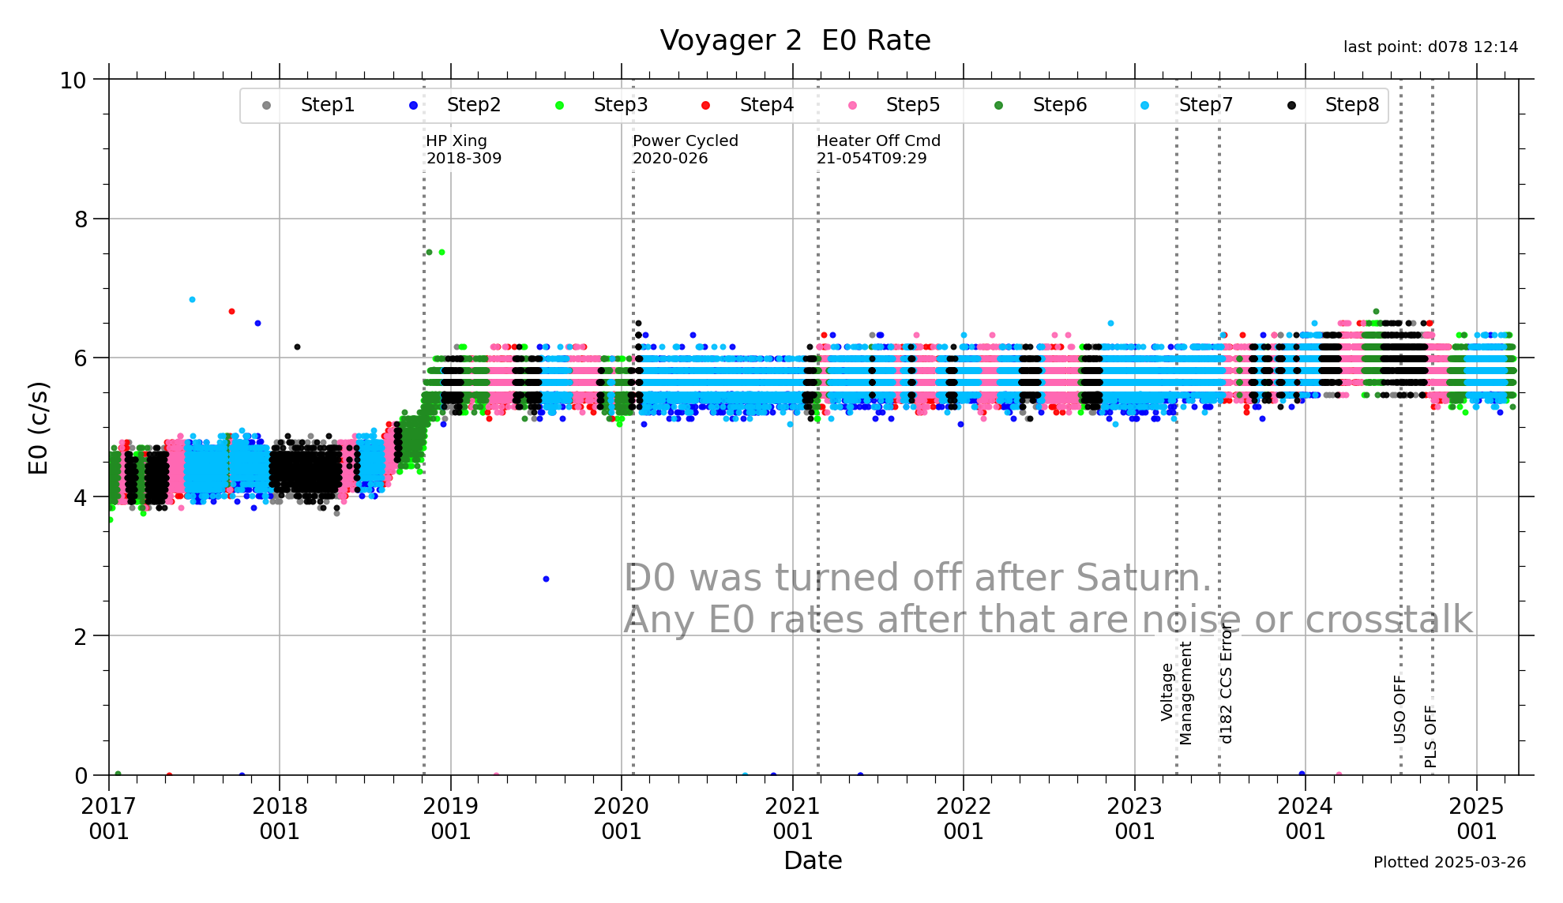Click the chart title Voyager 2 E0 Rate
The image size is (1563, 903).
coord(795,40)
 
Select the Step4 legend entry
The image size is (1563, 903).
coord(765,105)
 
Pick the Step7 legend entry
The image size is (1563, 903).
coord(1204,105)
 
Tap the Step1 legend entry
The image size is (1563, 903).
coord(326,105)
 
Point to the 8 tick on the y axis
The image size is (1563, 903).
coord(81,219)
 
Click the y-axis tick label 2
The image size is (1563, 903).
coord(81,636)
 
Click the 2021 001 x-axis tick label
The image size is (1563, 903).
coord(792,819)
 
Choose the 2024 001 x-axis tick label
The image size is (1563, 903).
coord(1305,819)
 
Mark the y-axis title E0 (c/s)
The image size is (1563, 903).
coord(39,428)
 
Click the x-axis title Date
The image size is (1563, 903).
coord(813,860)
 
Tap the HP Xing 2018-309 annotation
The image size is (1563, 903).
coord(464,149)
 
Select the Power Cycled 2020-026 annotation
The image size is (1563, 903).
coord(685,149)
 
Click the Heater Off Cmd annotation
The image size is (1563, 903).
coord(878,149)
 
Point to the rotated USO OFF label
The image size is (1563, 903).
coord(1400,709)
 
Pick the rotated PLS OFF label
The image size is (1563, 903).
coord(1430,736)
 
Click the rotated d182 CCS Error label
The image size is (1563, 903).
coord(1226,684)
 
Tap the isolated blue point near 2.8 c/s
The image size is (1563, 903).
coord(546,579)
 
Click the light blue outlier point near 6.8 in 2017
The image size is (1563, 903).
coord(192,300)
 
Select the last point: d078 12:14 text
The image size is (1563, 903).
coord(1430,47)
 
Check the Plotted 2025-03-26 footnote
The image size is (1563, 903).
coord(1449,862)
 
